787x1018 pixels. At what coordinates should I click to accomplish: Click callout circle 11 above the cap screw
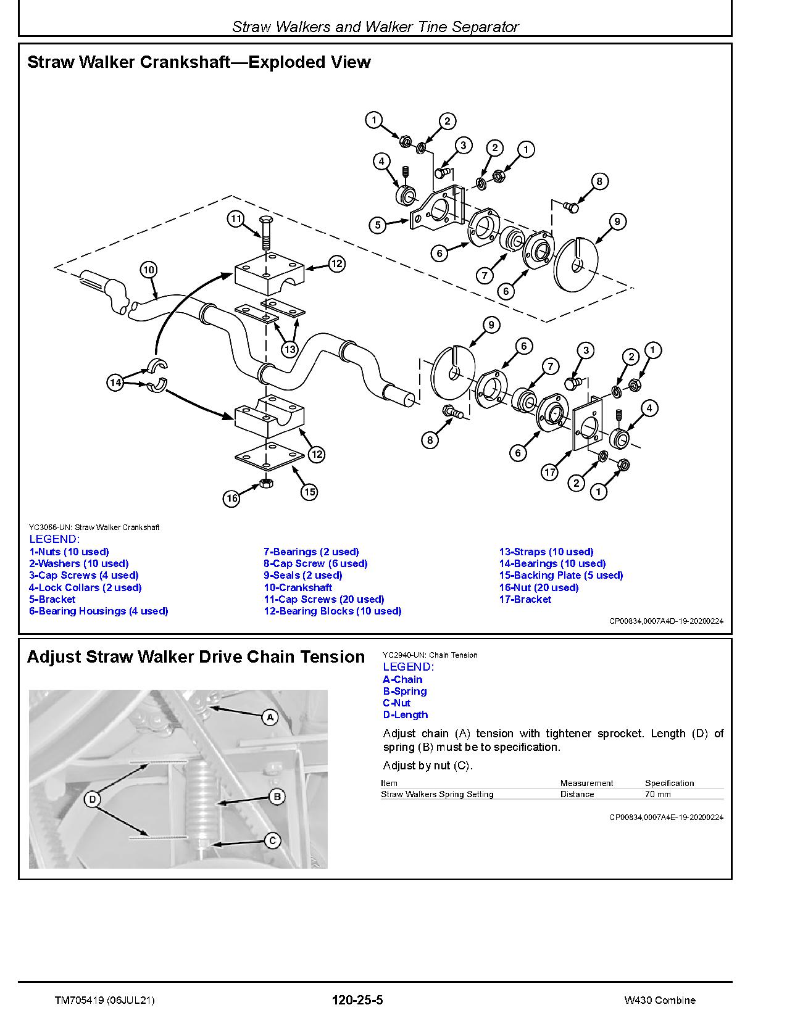(x=235, y=218)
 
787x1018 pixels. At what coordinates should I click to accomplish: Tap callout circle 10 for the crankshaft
(x=149, y=270)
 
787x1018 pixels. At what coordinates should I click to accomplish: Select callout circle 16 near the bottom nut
(x=231, y=499)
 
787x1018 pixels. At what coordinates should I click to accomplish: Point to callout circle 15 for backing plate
(x=309, y=492)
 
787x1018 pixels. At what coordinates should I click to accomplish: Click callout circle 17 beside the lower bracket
(x=549, y=473)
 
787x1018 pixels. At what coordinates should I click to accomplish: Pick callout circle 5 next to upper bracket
(x=378, y=225)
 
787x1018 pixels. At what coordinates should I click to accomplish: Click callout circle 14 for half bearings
(x=115, y=383)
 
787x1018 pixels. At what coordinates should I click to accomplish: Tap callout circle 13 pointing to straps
(x=289, y=349)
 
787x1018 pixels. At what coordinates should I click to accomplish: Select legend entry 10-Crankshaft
(x=298, y=587)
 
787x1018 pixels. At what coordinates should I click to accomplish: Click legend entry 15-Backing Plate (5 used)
(x=560, y=575)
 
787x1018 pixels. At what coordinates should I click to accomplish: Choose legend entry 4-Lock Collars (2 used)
(x=85, y=587)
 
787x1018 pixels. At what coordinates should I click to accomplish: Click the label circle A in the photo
(x=270, y=717)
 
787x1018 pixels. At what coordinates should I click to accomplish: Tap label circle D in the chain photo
(x=92, y=800)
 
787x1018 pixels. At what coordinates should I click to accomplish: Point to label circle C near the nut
(x=272, y=840)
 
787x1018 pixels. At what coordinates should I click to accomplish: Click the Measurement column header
(x=586, y=783)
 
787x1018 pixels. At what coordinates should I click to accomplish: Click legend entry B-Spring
(x=404, y=691)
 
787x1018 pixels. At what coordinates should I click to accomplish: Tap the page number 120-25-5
(x=357, y=1000)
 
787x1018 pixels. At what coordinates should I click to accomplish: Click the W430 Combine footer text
(x=659, y=1000)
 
